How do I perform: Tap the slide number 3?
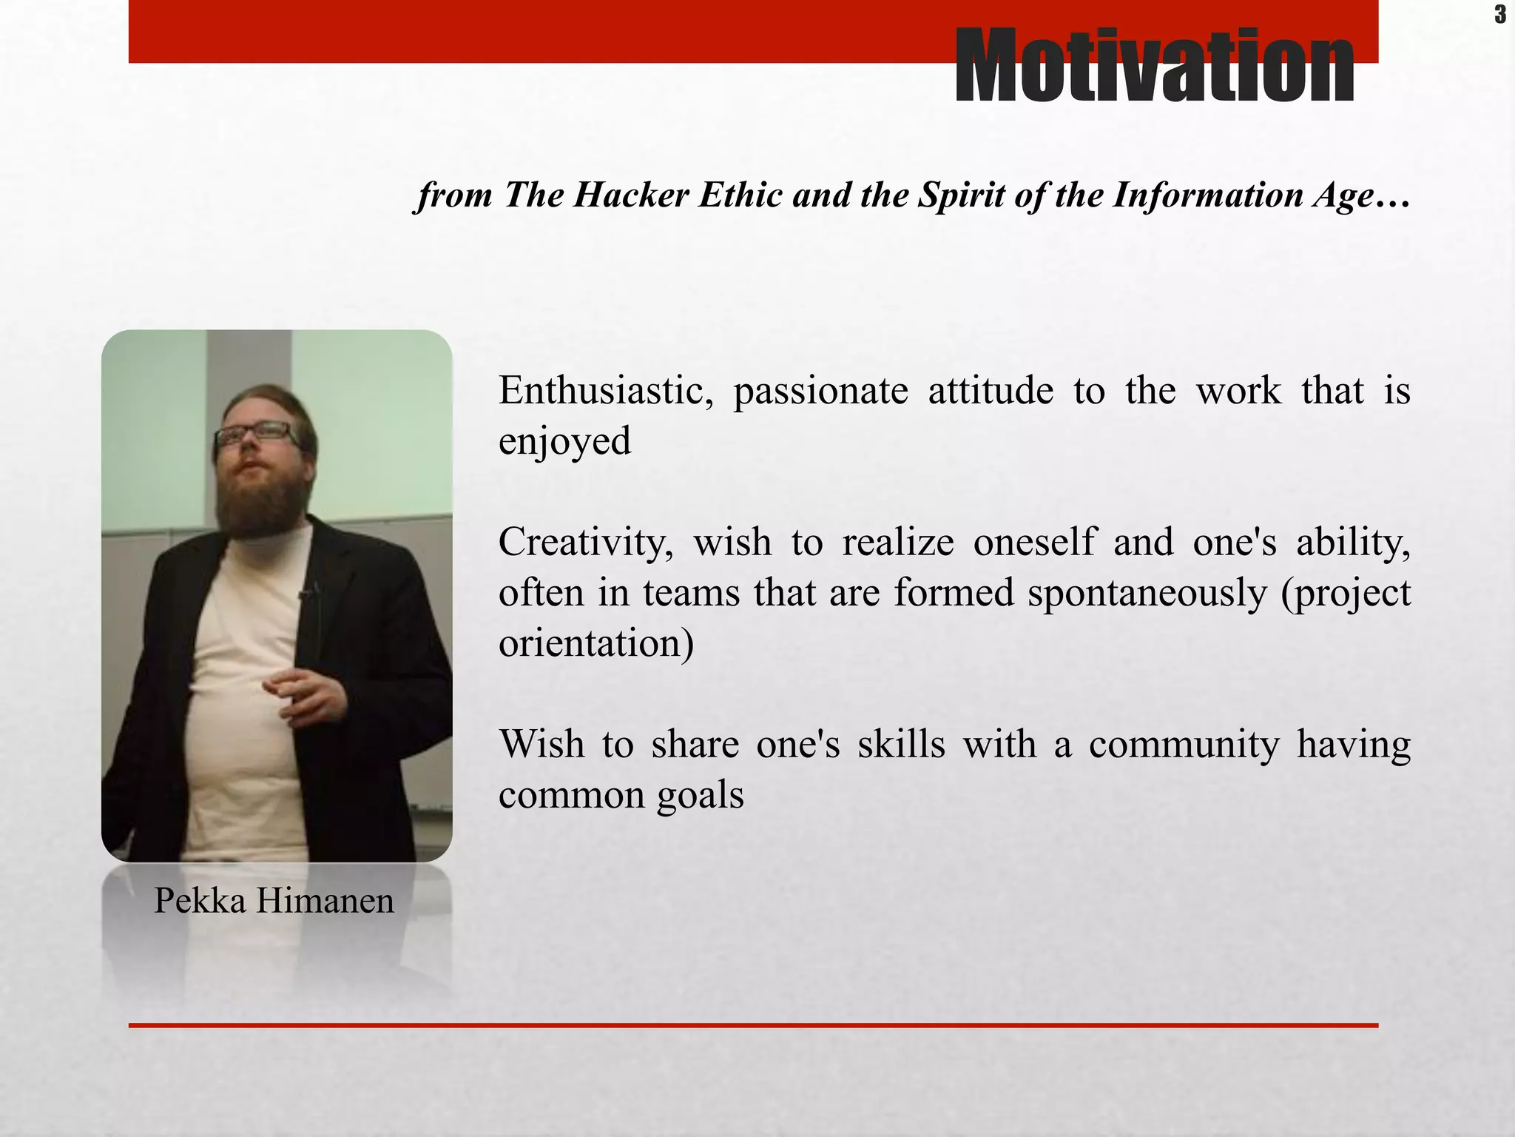(x=1499, y=15)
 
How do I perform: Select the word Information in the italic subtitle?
(x=1207, y=195)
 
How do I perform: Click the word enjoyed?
(x=564, y=442)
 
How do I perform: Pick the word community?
(x=1184, y=745)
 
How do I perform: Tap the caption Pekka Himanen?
(x=274, y=901)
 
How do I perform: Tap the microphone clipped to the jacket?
(x=305, y=594)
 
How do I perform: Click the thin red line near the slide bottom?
(x=753, y=1025)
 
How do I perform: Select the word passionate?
(x=820, y=391)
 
